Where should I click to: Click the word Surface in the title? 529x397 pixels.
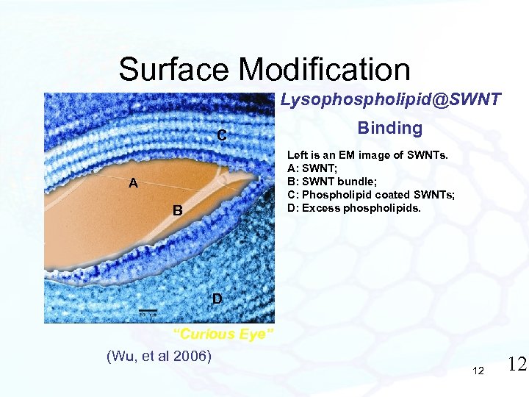175,70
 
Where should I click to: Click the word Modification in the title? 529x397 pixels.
325,70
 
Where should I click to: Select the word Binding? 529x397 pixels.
389,128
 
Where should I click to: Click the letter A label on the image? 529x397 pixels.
133,184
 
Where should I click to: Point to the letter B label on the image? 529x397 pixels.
177,211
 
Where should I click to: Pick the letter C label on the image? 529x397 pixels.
220,135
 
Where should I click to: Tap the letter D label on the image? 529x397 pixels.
217,298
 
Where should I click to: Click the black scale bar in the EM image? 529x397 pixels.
148,310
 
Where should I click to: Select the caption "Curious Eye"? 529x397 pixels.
223,334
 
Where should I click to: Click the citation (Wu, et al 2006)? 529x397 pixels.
159,357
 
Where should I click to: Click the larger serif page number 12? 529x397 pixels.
517,364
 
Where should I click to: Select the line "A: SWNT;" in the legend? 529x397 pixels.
313,168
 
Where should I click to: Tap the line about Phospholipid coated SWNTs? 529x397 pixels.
371,194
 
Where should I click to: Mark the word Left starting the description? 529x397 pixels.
297,155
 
